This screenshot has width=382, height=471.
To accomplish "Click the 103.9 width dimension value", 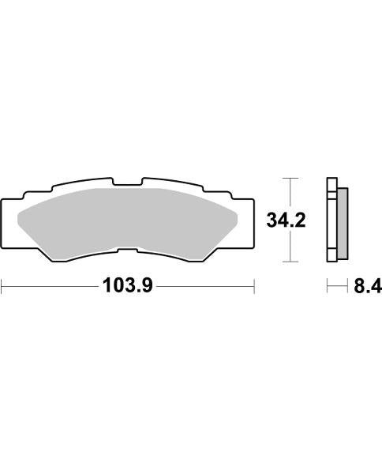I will pos(127,286).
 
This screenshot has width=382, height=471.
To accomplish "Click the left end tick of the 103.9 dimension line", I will pos(2,285).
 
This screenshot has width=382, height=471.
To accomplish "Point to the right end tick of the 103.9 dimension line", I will pos(253,285).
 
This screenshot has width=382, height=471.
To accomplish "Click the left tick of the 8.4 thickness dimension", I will pos(328,285).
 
